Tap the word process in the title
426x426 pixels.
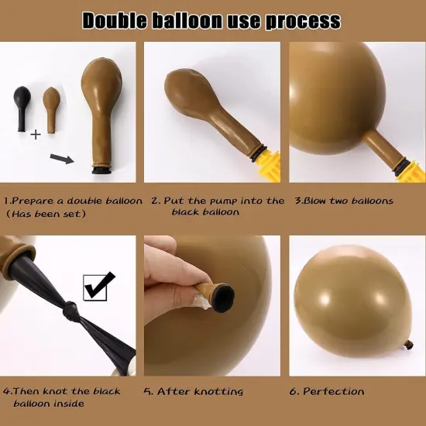(303, 22)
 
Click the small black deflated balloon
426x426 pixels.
(22, 108)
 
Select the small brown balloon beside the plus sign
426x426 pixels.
(51, 110)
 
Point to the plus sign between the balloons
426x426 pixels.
(36, 135)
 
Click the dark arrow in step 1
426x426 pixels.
(62, 159)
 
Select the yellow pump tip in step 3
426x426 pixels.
(411, 171)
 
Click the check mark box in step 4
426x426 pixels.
(95, 288)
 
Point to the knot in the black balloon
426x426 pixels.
(70, 311)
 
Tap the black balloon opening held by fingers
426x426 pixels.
(224, 294)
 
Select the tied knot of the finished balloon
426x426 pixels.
(409, 345)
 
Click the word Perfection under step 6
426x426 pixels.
(333, 391)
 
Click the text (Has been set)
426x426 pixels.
(46, 214)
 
